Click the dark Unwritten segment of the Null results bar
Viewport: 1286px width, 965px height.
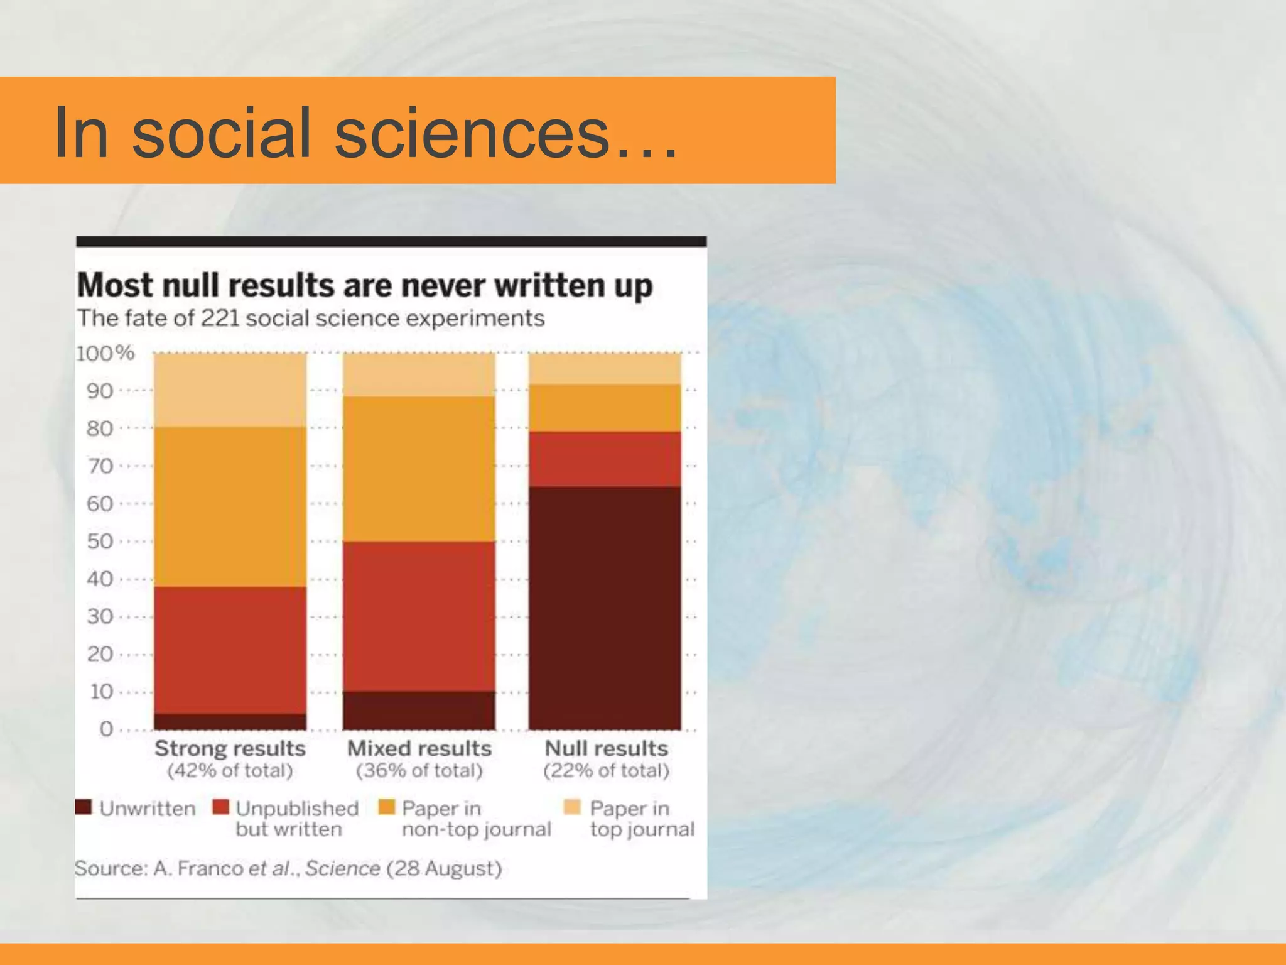[605, 608]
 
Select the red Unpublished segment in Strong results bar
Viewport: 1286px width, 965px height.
[230, 650]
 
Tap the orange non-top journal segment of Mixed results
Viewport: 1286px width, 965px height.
[419, 469]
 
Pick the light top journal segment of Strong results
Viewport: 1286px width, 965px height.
[230, 390]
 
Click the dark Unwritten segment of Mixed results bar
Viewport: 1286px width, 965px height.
[419, 711]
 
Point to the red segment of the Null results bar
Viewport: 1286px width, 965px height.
[605, 459]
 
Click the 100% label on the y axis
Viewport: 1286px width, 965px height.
[105, 353]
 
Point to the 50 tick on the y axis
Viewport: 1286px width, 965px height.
[100, 541]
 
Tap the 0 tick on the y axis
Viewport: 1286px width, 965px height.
[106, 729]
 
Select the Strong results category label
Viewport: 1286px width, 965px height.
[230, 748]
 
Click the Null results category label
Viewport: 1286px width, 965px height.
[606, 748]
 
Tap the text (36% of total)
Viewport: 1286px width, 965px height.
[419, 770]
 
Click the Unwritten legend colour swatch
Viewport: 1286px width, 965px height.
[84, 807]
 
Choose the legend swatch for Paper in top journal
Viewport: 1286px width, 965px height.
[572, 807]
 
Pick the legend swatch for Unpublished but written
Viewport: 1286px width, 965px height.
[221, 807]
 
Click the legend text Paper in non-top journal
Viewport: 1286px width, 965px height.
[476, 819]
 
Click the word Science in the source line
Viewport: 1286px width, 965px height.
[343, 868]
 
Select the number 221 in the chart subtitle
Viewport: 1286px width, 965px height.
[220, 319]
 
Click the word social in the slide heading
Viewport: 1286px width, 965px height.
[222, 133]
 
